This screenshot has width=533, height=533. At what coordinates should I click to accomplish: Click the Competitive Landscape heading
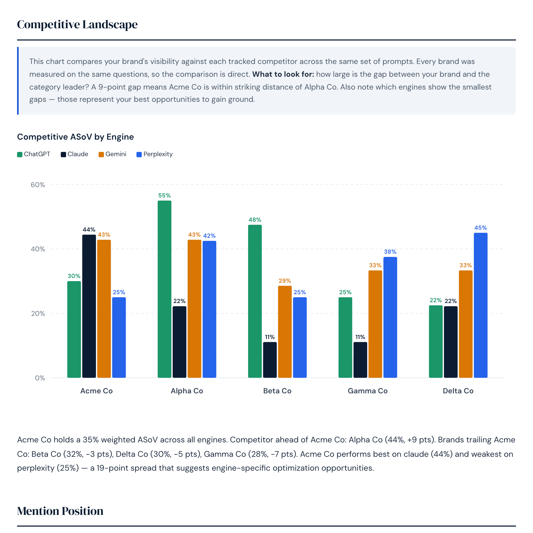77,24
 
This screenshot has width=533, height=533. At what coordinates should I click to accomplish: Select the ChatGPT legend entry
34,154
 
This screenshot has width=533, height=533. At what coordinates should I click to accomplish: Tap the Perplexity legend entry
155,154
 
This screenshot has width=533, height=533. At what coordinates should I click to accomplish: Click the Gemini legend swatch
101,155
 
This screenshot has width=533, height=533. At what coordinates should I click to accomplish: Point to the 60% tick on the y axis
38,185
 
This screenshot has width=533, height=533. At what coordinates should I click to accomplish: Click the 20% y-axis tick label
38,314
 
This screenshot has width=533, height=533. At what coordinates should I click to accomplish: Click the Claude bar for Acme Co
89,306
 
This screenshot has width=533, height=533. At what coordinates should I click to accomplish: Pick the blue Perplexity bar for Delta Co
480,305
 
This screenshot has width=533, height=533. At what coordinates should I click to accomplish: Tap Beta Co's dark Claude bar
270,360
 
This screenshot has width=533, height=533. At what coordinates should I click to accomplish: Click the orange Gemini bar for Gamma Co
375,324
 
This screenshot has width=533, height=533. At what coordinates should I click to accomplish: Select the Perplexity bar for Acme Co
119,337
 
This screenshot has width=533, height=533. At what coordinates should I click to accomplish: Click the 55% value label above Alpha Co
164,196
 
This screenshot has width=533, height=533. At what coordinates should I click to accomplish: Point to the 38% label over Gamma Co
390,252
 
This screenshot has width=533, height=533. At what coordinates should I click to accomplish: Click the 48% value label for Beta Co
255,220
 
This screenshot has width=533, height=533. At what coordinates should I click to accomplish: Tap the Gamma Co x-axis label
368,391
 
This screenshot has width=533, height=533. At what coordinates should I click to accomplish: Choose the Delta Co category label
458,391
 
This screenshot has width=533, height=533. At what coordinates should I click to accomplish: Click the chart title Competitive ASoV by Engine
75,137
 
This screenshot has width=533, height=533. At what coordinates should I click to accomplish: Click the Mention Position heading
60,511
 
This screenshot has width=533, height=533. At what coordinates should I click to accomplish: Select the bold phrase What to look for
283,74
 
